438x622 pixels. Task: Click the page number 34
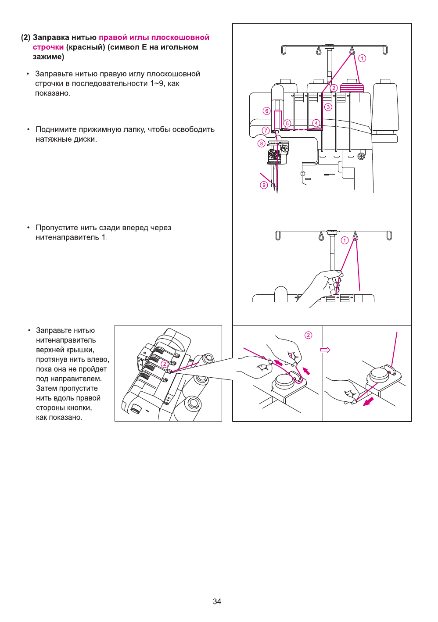tap(217, 601)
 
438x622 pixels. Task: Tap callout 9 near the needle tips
tap(264, 185)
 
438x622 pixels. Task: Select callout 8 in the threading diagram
tap(261, 143)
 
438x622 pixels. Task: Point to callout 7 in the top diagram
tap(266, 130)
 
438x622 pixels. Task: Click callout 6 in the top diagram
tap(266, 111)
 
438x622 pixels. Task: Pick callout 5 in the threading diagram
tap(287, 123)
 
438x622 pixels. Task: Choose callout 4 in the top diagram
tap(316, 123)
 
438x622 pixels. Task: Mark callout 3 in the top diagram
tap(328, 107)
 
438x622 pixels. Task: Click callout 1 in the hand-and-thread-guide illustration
tap(345, 240)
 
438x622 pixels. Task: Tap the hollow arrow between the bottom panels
tap(325, 350)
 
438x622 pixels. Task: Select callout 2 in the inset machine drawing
tap(165, 364)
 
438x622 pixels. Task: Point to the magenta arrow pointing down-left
tap(368, 401)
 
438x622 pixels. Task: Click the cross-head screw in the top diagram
tap(361, 156)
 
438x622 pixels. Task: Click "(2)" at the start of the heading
tap(25, 38)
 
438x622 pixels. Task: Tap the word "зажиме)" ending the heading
tap(48, 57)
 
